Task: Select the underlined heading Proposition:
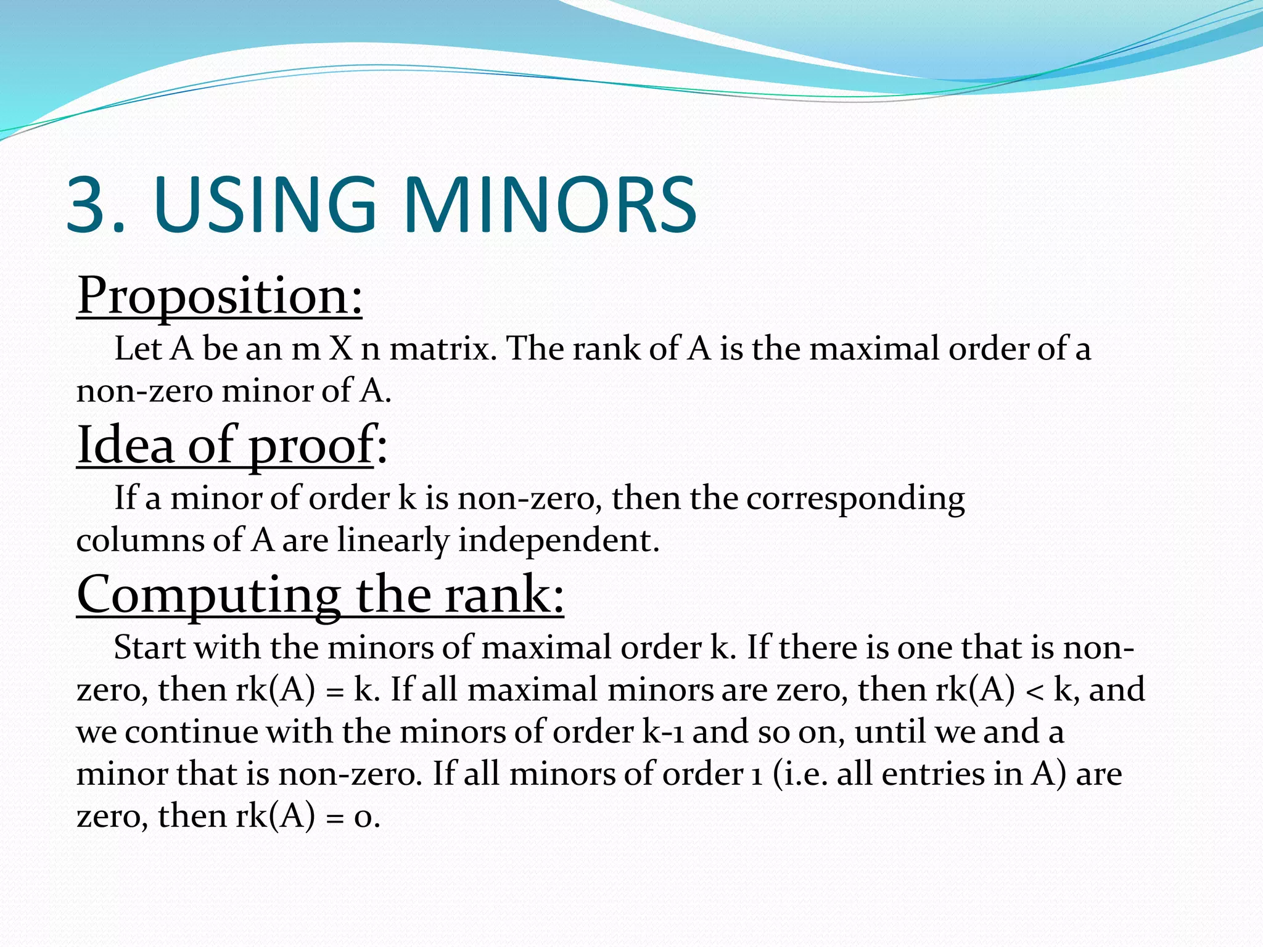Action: point(220,296)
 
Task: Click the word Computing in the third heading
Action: point(208,595)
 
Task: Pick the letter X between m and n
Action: point(340,349)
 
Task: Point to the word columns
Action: point(140,541)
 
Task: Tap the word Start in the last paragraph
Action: point(149,648)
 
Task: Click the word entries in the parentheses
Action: point(932,774)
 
